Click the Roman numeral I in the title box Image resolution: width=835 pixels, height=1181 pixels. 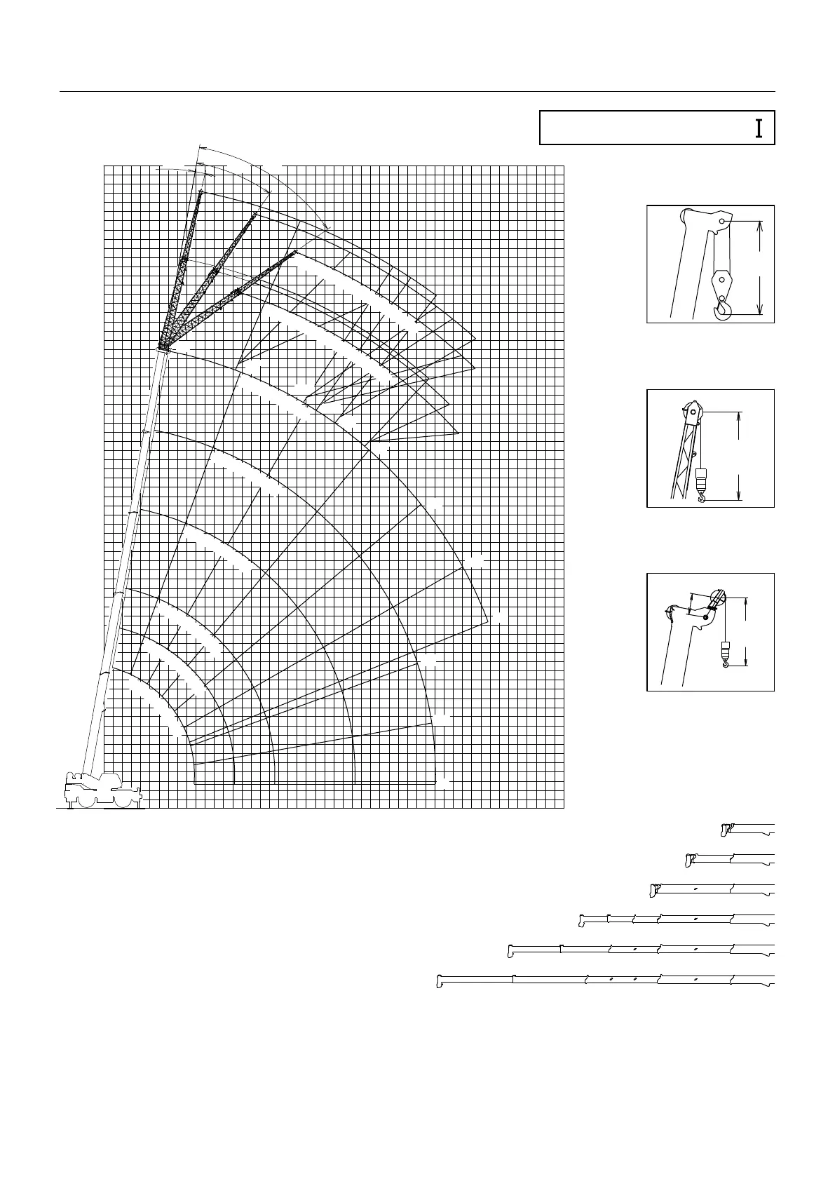click(759, 128)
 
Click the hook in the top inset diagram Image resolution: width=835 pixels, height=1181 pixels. click(722, 309)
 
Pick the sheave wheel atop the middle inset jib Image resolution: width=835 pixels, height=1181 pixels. click(693, 412)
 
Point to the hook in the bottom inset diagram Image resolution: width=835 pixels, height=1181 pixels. click(726, 659)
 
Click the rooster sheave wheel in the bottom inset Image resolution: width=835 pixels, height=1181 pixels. click(717, 599)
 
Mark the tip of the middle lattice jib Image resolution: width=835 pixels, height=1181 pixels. click(254, 213)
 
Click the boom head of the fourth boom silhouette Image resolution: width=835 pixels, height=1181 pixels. click(583, 919)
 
